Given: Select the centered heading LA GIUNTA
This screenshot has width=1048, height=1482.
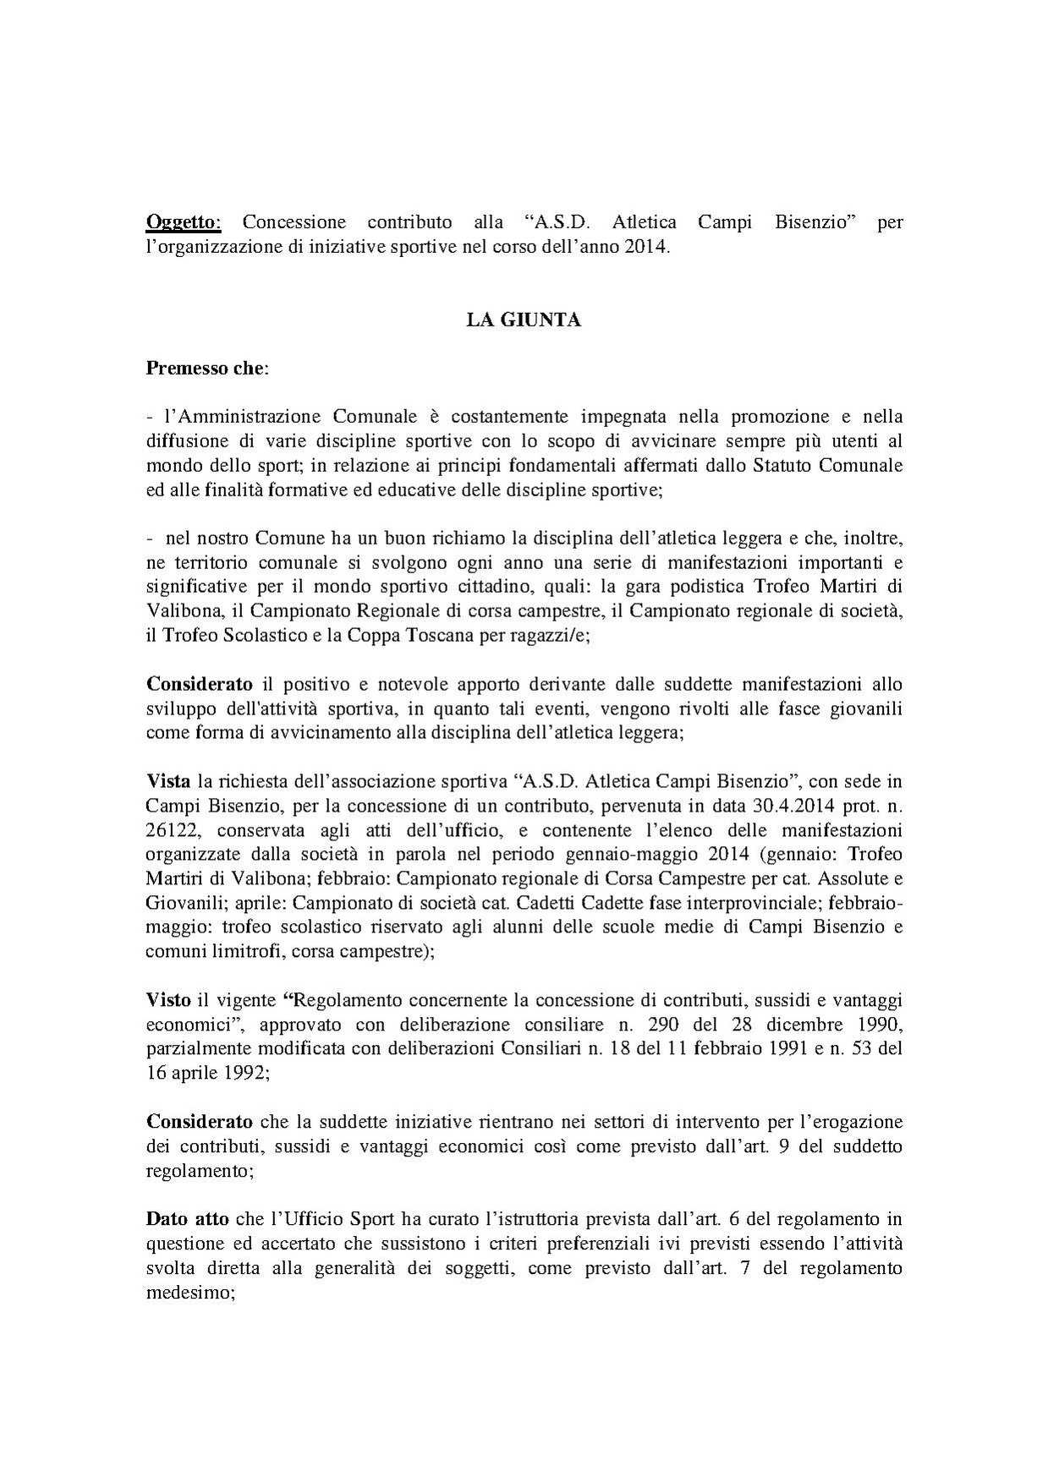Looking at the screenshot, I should point(524,320).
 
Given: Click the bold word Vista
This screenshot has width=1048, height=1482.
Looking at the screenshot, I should point(168,780).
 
